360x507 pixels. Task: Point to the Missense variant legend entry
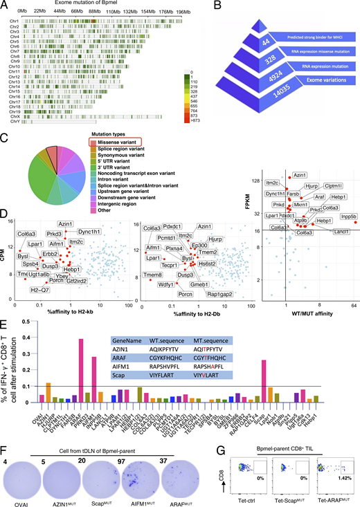coord(118,142)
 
